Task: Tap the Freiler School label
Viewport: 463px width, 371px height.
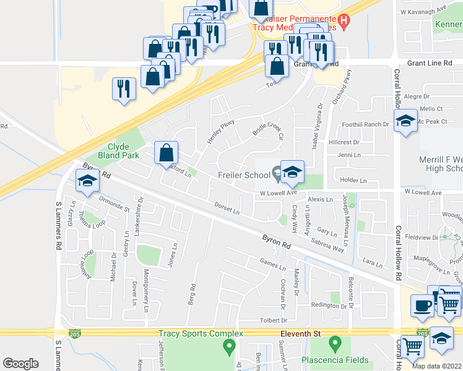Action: click(244, 175)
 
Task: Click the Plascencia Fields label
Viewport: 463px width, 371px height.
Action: click(335, 360)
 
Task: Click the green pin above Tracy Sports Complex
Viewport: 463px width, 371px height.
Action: click(230, 346)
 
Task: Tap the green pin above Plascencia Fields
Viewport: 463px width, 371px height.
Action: click(335, 342)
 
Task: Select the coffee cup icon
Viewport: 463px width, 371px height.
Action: click(423, 305)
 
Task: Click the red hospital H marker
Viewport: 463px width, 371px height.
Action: click(345, 21)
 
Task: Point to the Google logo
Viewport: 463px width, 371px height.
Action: click(20, 364)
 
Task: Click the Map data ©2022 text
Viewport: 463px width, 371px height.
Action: click(437, 366)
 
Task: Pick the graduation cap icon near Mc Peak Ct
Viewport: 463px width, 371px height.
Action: click(405, 121)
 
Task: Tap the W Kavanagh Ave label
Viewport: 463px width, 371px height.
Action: click(423, 11)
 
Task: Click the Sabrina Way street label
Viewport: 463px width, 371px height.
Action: click(327, 244)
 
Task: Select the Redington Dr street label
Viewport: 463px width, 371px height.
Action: click(329, 306)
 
